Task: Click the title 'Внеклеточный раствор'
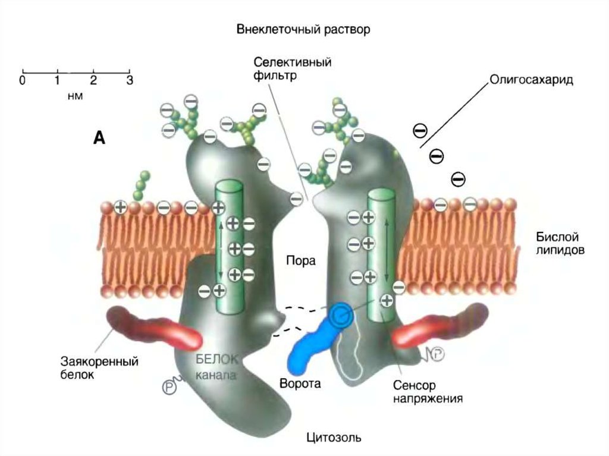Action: pyautogui.click(x=303, y=29)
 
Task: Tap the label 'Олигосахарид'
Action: pyautogui.click(x=531, y=80)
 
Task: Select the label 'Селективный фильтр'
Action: pyautogui.click(x=292, y=68)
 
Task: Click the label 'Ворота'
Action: pyautogui.click(x=300, y=383)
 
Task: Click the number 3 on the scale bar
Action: pyautogui.click(x=129, y=80)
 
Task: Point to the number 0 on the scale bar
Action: pyautogui.click(x=23, y=80)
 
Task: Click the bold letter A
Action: pyautogui.click(x=99, y=139)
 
